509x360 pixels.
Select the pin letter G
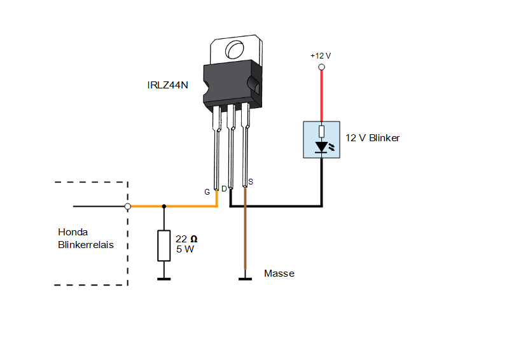[x=207, y=191]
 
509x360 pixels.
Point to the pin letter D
[x=224, y=189]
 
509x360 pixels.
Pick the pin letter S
[x=251, y=182]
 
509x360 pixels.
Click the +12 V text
[x=321, y=56]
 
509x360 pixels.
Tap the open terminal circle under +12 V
[x=322, y=67]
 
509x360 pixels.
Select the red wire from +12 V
[x=322, y=95]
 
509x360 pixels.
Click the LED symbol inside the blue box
[x=322, y=148]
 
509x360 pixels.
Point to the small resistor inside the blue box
[x=322, y=132]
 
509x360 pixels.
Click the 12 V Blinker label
[x=372, y=138]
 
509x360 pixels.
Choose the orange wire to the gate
[x=185, y=206]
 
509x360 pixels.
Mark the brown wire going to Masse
[x=244, y=242]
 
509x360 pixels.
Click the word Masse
[x=279, y=273]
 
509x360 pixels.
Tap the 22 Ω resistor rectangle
[x=164, y=246]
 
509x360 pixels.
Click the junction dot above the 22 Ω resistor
[x=164, y=206]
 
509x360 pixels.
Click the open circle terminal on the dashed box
[x=128, y=206]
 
